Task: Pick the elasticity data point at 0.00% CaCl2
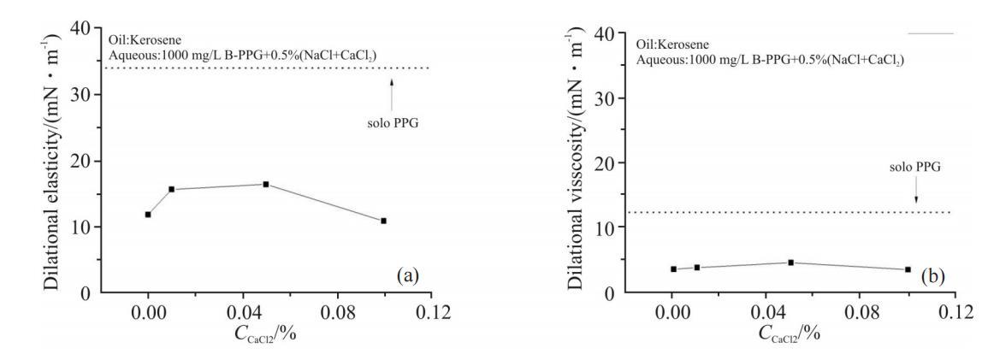[x=148, y=215]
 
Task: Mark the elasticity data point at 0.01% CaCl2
[x=172, y=189]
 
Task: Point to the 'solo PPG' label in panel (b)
[x=914, y=168]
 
